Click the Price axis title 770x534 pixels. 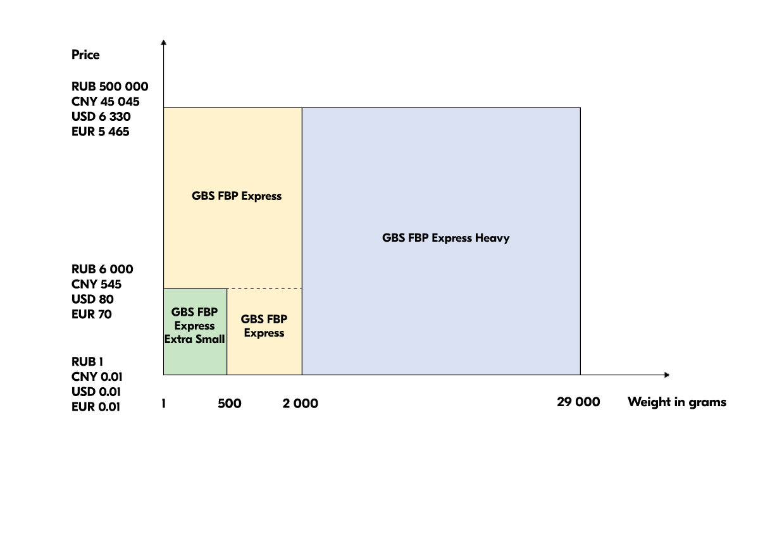(x=85, y=55)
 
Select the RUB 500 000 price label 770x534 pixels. (x=109, y=87)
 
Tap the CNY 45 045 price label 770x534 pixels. (x=105, y=102)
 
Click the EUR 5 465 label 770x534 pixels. (x=100, y=132)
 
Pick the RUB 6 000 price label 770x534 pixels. (x=102, y=270)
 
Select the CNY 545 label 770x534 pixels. (x=96, y=285)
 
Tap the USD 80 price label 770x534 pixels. (x=92, y=299)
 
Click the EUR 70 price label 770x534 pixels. (x=91, y=314)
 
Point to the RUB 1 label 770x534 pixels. (x=87, y=362)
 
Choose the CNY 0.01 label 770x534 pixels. (x=97, y=377)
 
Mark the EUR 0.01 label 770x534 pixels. (x=96, y=407)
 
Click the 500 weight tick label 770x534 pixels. (x=229, y=404)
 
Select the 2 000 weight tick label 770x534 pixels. (x=300, y=404)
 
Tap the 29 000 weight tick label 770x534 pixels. (x=578, y=402)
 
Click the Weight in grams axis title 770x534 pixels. (x=676, y=402)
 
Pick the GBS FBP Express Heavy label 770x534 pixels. (x=445, y=239)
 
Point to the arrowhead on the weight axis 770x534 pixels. (x=666, y=375)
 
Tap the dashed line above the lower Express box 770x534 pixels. (x=264, y=289)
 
